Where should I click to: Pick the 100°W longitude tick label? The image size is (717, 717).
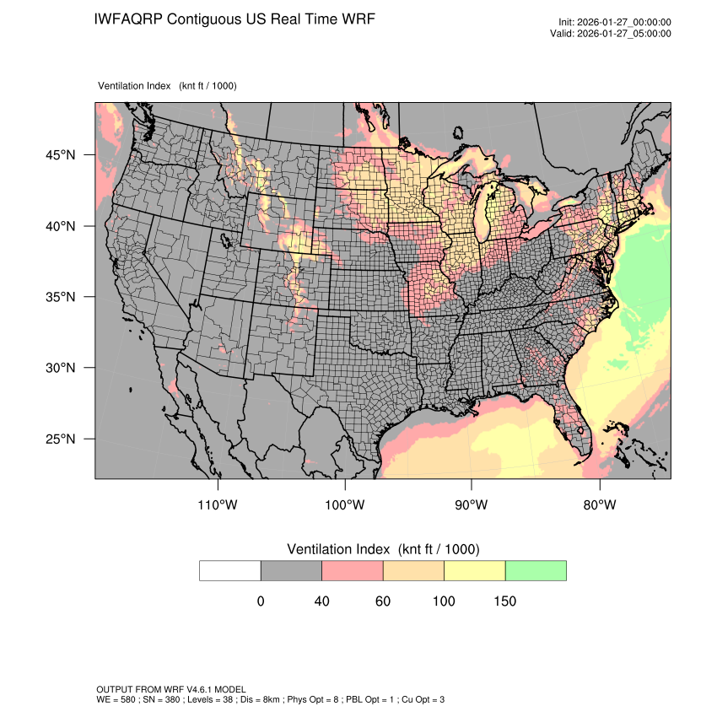click(x=345, y=505)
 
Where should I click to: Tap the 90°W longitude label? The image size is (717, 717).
click(x=472, y=505)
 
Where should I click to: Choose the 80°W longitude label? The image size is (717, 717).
click(x=599, y=505)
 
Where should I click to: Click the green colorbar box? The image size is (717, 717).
click(x=536, y=570)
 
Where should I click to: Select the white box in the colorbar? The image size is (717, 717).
click(x=230, y=570)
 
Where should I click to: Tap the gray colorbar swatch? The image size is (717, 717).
click(x=291, y=570)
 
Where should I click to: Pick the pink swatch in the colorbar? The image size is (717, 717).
click(x=353, y=570)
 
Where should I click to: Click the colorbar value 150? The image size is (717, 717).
click(x=504, y=601)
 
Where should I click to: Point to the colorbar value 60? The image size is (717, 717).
click(x=383, y=601)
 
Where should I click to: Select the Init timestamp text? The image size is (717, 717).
click(x=615, y=22)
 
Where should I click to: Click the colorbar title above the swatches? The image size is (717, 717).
click(x=383, y=549)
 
